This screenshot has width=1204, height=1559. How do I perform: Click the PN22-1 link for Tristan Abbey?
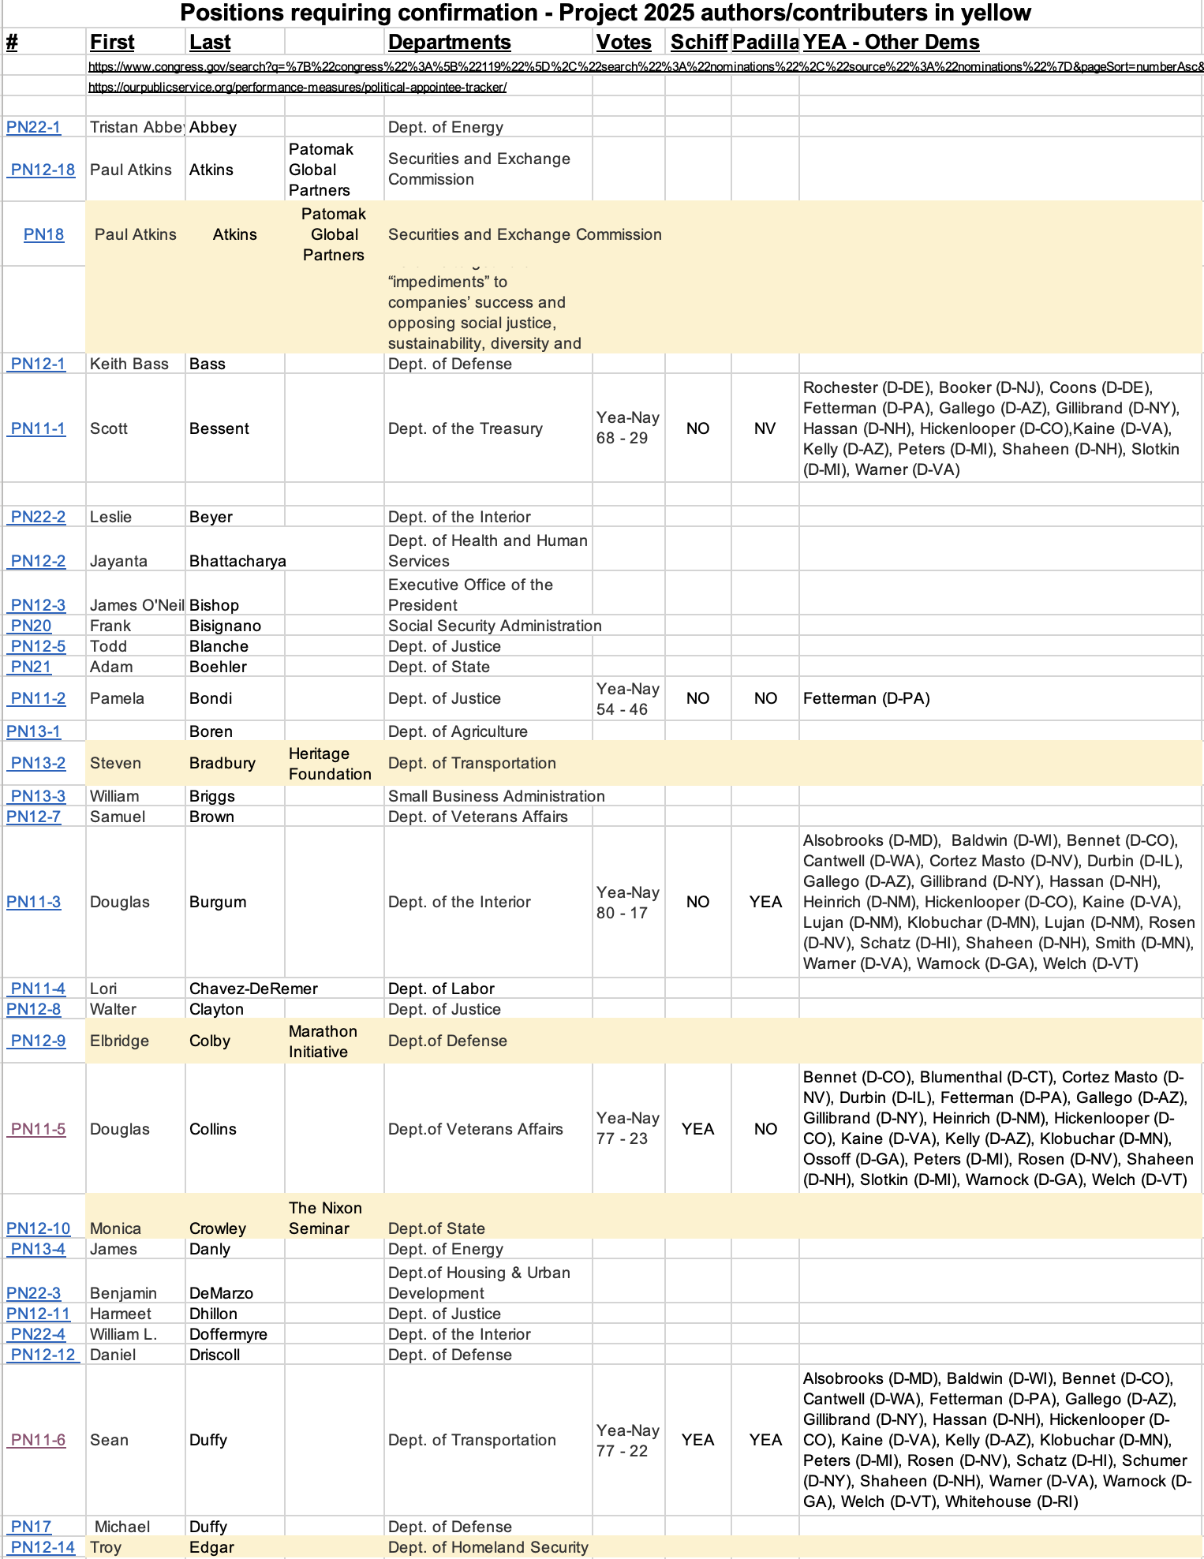point(34,127)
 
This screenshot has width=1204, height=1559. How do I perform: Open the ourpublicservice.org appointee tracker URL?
point(297,88)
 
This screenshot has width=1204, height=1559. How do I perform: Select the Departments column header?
point(449,43)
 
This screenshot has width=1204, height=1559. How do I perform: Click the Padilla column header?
point(765,43)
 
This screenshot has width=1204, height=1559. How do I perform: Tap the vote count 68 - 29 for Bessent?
point(622,439)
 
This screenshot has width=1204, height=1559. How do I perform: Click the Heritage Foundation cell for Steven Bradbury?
point(330,764)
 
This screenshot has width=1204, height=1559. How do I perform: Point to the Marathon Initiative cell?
point(323,1041)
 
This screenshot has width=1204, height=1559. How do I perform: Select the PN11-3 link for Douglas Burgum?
point(34,902)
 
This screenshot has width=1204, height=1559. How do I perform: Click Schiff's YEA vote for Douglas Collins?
point(697,1129)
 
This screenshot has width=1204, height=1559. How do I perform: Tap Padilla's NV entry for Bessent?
point(765,428)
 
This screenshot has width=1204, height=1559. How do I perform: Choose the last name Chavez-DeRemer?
point(253,989)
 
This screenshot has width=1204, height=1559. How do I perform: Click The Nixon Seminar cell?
point(325,1218)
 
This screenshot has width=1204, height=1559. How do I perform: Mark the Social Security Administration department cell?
point(495,626)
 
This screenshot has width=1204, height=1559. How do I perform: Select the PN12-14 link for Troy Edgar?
point(43,1547)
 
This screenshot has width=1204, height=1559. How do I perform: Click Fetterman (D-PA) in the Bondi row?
point(866,698)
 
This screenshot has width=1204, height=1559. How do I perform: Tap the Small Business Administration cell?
point(496,796)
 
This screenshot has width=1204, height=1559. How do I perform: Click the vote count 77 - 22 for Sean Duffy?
point(622,1451)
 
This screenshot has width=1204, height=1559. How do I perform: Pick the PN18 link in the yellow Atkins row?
point(43,234)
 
